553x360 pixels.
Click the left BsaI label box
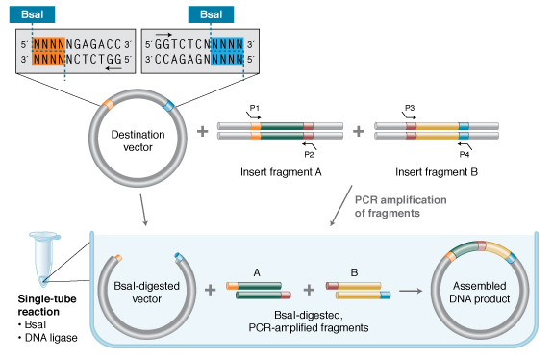[32, 14]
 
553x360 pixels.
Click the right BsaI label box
[211, 14]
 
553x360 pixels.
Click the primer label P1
[254, 108]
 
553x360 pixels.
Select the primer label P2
[309, 154]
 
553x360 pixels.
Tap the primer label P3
[410, 108]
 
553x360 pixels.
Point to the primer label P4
[465, 154]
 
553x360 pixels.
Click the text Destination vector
[138, 141]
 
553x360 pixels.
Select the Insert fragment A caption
[281, 172]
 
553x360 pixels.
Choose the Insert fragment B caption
[437, 172]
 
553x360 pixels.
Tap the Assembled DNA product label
[480, 293]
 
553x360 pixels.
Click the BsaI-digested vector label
[147, 293]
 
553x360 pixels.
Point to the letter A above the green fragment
[257, 272]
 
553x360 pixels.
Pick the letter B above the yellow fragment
[354, 272]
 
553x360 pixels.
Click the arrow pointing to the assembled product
[411, 291]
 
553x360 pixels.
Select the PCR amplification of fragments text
[401, 206]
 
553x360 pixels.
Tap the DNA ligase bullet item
[48, 338]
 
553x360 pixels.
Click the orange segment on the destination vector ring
[109, 104]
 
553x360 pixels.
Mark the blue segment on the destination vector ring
[169, 105]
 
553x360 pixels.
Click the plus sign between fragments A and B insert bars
[359, 131]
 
